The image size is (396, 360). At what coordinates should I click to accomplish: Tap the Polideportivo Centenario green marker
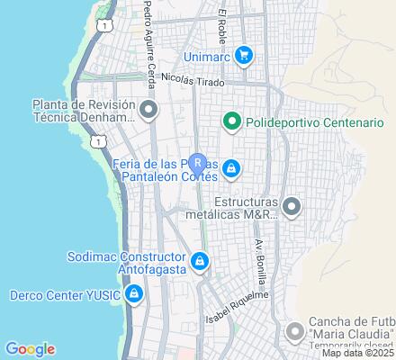(x=230, y=121)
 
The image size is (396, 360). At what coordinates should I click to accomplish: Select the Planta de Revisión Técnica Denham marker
(x=149, y=111)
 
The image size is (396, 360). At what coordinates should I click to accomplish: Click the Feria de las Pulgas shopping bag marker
(x=231, y=167)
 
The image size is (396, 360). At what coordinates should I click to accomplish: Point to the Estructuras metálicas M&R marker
(x=291, y=208)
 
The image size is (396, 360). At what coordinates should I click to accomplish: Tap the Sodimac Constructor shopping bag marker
(x=200, y=262)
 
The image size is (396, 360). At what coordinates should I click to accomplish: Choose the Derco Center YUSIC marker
(x=133, y=294)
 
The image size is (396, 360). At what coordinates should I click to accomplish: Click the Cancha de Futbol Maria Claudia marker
(x=295, y=332)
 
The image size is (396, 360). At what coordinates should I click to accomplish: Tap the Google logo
(x=30, y=349)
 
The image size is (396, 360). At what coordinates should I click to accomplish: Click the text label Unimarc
(x=208, y=57)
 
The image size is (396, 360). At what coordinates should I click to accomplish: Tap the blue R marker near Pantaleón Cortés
(x=198, y=164)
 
